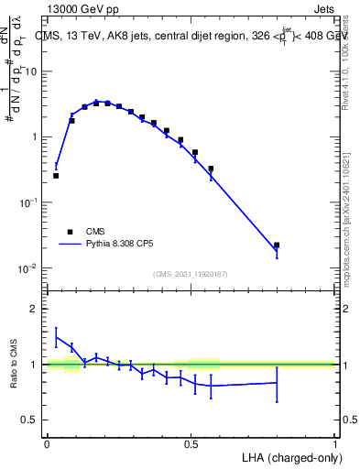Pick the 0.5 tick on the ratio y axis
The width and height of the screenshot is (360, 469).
[31, 420]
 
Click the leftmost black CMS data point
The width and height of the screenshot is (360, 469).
[56, 175]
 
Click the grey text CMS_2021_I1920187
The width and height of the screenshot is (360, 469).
[191, 273]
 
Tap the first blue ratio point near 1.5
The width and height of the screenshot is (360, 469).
[56, 337]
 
